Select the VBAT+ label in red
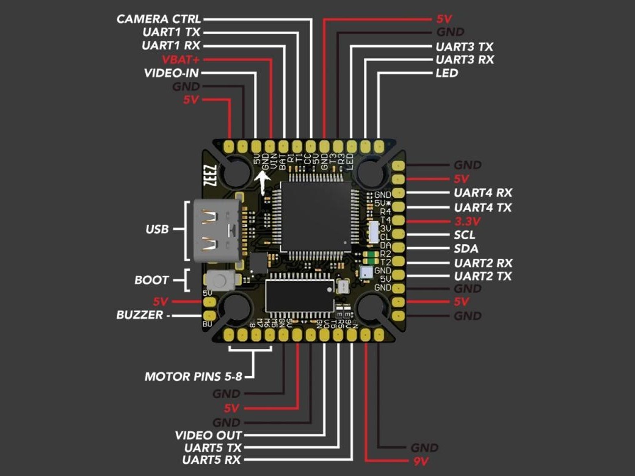181,60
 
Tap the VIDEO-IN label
172,73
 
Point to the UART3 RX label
465,60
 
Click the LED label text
447,73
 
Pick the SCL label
465,235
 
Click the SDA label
466,249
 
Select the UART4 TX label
482,207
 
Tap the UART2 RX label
483,263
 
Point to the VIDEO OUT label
208,435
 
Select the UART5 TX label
212,447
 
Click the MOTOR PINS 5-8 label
193,377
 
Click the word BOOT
151,281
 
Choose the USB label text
157,230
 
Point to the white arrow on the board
264,181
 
